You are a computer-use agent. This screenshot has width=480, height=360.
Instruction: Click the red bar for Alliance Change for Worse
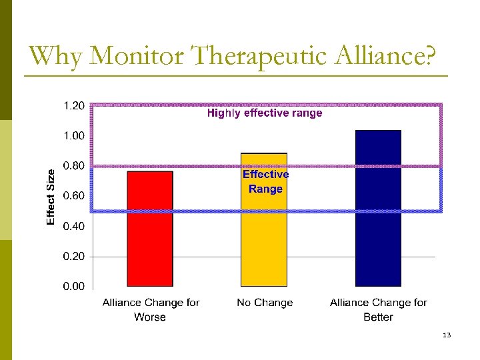tap(150, 229)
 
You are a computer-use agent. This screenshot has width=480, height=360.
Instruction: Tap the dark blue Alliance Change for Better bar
tap(378, 208)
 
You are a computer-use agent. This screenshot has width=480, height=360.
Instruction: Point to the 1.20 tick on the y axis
tap(73, 105)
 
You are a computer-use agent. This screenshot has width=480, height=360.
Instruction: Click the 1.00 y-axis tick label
tap(73, 135)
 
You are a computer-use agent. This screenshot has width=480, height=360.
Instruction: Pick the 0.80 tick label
tap(73, 165)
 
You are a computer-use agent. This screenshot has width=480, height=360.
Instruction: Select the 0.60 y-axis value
tap(73, 196)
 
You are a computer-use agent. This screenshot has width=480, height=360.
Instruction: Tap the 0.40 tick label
tap(73, 226)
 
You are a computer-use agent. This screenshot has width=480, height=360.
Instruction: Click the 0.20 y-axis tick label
tap(73, 256)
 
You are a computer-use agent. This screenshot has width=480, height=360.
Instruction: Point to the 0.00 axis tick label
tap(73, 287)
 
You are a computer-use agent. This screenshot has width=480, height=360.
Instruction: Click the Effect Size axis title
tap(51, 196)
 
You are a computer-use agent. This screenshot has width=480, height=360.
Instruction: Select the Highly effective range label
tap(265, 113)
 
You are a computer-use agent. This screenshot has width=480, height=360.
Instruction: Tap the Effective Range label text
tap(265, 181)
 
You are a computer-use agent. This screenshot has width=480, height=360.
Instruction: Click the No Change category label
tap(265, 303)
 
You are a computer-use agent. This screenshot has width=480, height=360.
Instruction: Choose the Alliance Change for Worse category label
tap(151, 309)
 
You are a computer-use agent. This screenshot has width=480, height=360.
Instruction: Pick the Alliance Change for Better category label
tap(379, 309)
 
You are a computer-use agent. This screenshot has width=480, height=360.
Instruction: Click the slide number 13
tap(447, 335)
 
